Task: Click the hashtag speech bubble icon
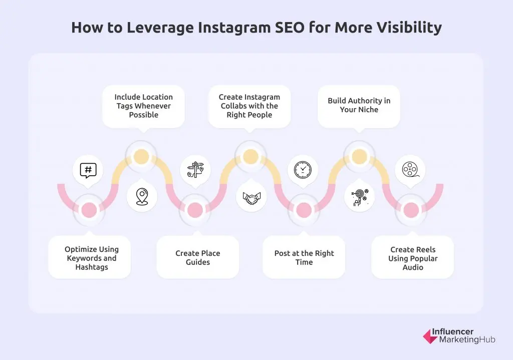click(x=88, y=170)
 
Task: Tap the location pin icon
click(x=142, y=196)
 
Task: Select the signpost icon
click(x=195, y=170)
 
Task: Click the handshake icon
click(x=251, y=196)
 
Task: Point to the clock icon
click(x=303, y=170)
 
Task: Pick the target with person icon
click(x=359, y=196)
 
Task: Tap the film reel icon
click(x=410, y=170)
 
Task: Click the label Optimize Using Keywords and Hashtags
click(x=92, y=258)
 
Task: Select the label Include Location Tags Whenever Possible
click(x=144, y=106)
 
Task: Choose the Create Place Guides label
click(x=198, y=258)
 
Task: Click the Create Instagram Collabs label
click(x=249, y=106)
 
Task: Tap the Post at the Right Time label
click(x=304, y=258)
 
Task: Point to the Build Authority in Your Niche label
click(x=359, y=105)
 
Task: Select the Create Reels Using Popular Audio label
click(x=413, y=258)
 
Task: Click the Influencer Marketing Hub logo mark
click(x=430, y=336)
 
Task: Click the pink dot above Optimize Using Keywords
click(x=89, y=210)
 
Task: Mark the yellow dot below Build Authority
click(x=359, y=157)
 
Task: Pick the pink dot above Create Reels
click(x=411, y=210)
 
